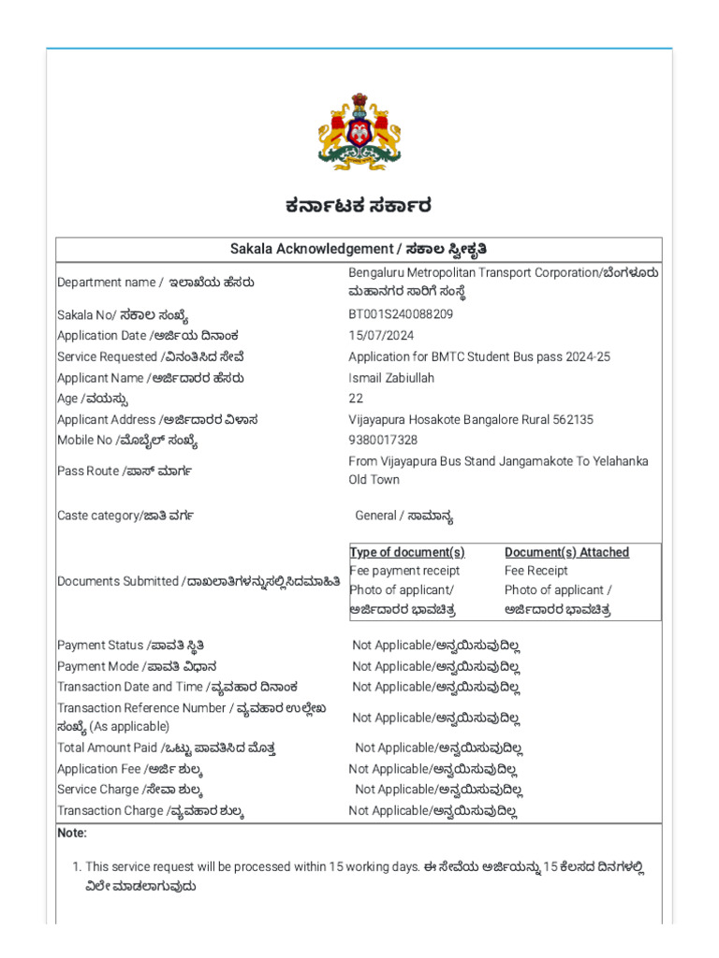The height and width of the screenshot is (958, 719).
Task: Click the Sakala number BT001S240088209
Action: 401,314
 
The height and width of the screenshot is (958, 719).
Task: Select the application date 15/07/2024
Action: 380,336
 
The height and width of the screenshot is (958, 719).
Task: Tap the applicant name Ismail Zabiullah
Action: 391,378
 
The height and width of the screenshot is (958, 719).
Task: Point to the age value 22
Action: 356,399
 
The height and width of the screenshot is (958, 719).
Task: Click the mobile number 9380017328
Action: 383,441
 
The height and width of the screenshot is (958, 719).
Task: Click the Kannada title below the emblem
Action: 359,206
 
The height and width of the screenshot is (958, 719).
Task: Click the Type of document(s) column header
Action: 407,553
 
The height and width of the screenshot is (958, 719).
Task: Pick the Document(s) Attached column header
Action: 566,553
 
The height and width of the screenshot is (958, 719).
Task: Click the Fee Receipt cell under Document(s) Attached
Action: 536,571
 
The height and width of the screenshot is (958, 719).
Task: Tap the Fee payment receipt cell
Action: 404,571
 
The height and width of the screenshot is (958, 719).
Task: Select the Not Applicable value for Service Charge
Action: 438,790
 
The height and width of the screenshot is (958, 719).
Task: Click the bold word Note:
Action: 72,833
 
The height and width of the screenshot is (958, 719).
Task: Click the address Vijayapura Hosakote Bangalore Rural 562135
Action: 471,420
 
